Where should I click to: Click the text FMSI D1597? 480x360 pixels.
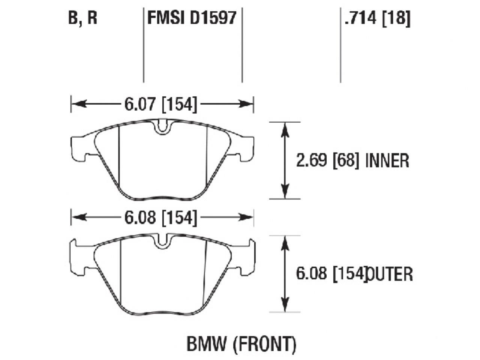click(x=192, y=18)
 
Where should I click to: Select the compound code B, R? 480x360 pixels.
click(x=82, y=18)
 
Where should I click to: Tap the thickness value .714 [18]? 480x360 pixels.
click(x=377, y=18)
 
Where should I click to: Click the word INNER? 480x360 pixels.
click(x=387, y=161)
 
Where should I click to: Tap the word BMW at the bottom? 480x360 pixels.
click(x=207, y=344)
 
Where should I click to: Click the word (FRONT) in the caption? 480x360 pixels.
click(x=265, y=344)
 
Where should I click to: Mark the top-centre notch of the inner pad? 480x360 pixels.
click(x=162, y=127)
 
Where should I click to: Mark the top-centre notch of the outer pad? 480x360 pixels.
click(x=162, y=241)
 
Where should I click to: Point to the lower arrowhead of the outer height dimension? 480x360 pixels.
click(x=285, y=305)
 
